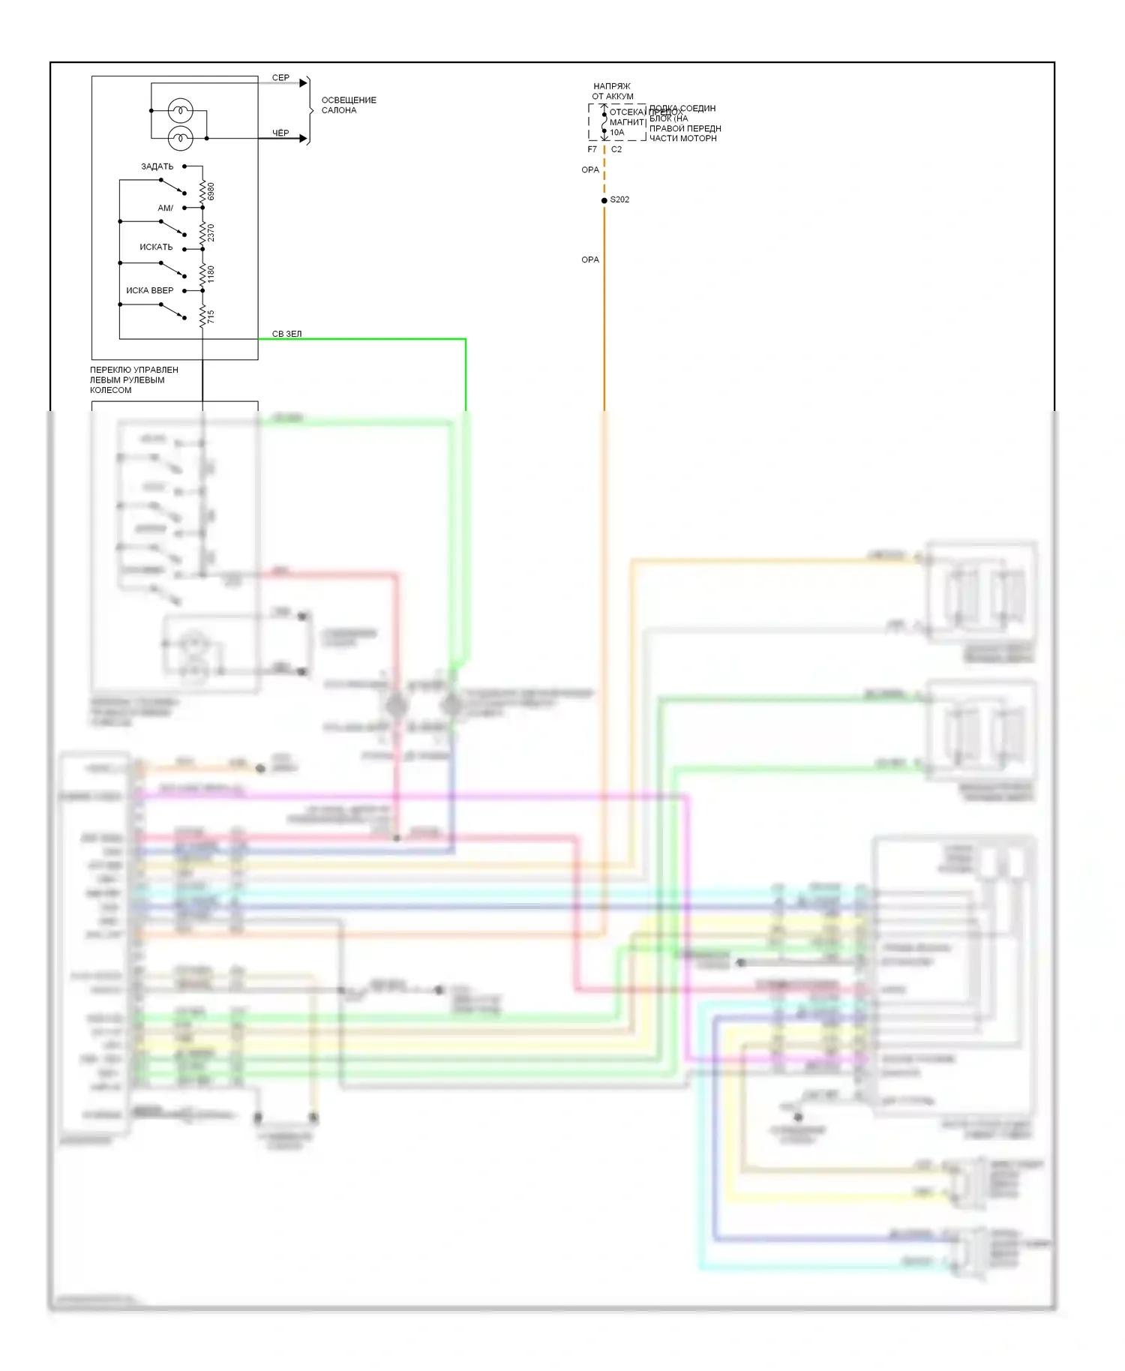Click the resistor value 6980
[x=211, y=191]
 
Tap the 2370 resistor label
[x=211, y=232]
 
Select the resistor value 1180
[x=211, y=274]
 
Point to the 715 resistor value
[x=211, y=316]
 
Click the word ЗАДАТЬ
[x=157, y=166]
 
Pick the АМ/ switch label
[x=165, y=208]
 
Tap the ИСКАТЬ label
[x=156, y=247]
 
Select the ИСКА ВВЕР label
[x=149, y=290]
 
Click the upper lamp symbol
[x=180, y=111]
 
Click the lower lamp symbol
[x=180, y=138]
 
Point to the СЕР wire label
[x=280, y=78]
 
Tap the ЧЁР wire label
[x=280, y=133]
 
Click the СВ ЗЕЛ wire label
[x=286, y=334]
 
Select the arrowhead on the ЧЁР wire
[x=303, y=139]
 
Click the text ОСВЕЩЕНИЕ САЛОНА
[x=349, y=105]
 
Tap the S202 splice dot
[x=604, y=200]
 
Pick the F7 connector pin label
[x=592, y=149]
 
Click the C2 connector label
[x=616, y=149]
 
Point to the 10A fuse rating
[x=616, y=133]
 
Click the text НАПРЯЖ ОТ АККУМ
[x=612, y=91]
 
